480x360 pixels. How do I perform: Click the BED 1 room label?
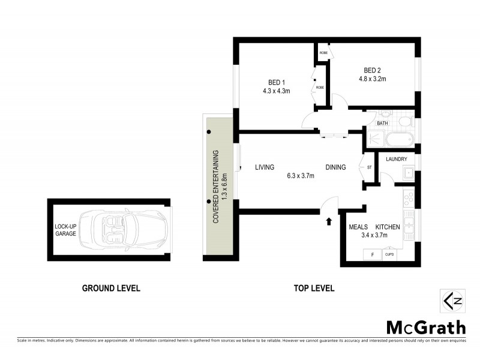(x=276, y=82)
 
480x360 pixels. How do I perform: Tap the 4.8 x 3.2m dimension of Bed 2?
(x=372, y=79)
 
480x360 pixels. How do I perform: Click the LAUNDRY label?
(x=397, y=159)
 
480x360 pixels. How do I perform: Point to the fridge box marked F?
(x=372, y=255)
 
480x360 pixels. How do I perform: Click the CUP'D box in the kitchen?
(x=389, y=255)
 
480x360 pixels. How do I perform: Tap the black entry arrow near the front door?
(x=328, y=221)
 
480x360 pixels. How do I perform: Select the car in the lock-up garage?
(x=125, y=229)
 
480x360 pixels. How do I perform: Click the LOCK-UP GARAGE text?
(x=65, y=229)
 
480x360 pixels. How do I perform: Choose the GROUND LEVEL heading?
(x=111, y=288)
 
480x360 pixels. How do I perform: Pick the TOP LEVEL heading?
(x=314, y=288)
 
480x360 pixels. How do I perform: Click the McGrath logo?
(x=425, y=328)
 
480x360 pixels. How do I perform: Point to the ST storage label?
(x=369, y=168)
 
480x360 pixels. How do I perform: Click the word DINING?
(x=335, y=167)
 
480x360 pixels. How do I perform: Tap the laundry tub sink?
(x=407, y=175)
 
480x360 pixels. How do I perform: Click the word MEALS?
(x=358, y=227)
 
